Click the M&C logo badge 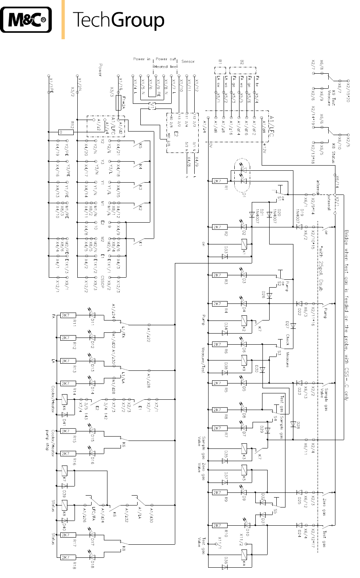click(26, 19)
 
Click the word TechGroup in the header click(119, 20)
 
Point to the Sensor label click(188, 61)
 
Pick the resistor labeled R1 click(217, 181)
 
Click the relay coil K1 click(245, 244)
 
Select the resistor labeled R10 click(217, 526)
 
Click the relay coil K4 click(245, 554)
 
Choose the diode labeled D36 click(225, 567)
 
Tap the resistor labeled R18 click(66, 557)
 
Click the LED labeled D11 click(92, 315)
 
